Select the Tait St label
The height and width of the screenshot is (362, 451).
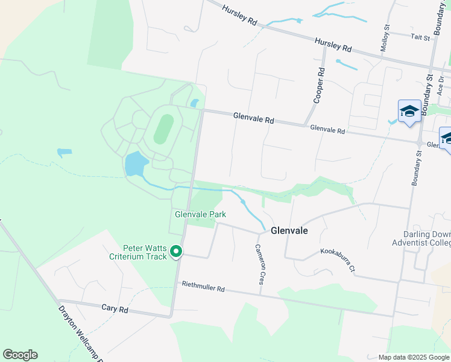(420, 37)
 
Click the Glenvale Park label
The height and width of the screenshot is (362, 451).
(200, 214)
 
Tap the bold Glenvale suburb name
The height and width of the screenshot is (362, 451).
(289, 230)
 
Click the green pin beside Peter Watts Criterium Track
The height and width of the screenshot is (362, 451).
(176, 252)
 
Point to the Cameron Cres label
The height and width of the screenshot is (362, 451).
(260, 264)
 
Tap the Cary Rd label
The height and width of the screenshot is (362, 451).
(115, 308)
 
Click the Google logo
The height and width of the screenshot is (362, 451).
(20, 355)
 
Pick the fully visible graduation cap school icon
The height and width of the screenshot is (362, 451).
(409, 112)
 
